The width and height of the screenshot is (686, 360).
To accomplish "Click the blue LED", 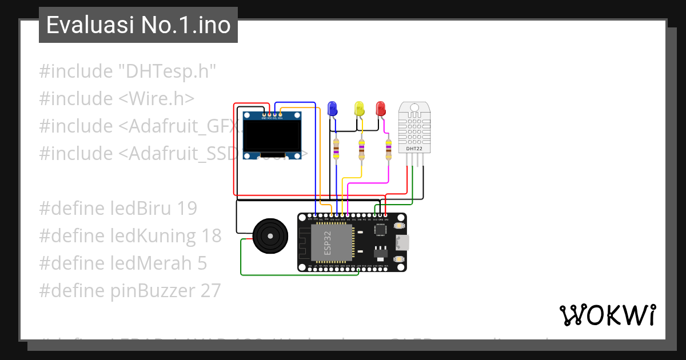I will pos(332,109).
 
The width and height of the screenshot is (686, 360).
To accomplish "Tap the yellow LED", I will pos(359,109).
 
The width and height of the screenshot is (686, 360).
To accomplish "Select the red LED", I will pos(380,109).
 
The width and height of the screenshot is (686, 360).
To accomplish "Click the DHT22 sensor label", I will pos(414,149).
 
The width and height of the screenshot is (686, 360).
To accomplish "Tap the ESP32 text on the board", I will pos(328,243).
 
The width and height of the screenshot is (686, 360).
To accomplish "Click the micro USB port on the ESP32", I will pos(402,242).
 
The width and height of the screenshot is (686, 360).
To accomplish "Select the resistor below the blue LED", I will pos(336,149).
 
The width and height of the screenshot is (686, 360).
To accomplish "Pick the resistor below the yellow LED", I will pos(361,149).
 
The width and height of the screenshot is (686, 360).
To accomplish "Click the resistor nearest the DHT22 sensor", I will pos(389,149).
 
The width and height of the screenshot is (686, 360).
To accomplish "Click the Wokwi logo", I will pos(607,315).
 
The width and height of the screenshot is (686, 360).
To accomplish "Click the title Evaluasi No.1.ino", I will pos(138,25).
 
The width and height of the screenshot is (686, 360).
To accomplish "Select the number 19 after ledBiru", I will pos(187,209).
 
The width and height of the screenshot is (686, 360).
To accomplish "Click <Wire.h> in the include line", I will pos(156,99).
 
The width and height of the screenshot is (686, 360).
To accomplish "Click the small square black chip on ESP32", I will pos(380,229).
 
